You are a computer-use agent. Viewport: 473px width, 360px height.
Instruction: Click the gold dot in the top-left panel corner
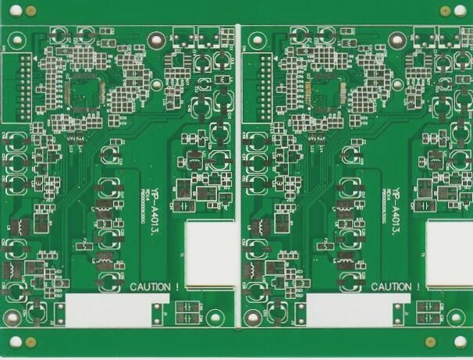[x=30, y=11]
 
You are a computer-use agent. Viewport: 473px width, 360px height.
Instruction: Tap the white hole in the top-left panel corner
[x=15, y=11]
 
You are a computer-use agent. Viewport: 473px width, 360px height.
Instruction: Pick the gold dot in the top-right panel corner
[x=445, y=11]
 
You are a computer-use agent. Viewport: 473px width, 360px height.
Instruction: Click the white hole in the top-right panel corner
[x=461, y=11]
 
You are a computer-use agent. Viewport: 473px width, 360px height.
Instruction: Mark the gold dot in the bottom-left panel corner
[x=30, y=341]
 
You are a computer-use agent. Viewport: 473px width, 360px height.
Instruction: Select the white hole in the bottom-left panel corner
[x=15, y=341]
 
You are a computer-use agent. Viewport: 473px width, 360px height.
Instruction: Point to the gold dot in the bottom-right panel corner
[x=429, y=341]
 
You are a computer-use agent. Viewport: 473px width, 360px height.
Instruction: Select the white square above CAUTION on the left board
[x=209, y=248]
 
